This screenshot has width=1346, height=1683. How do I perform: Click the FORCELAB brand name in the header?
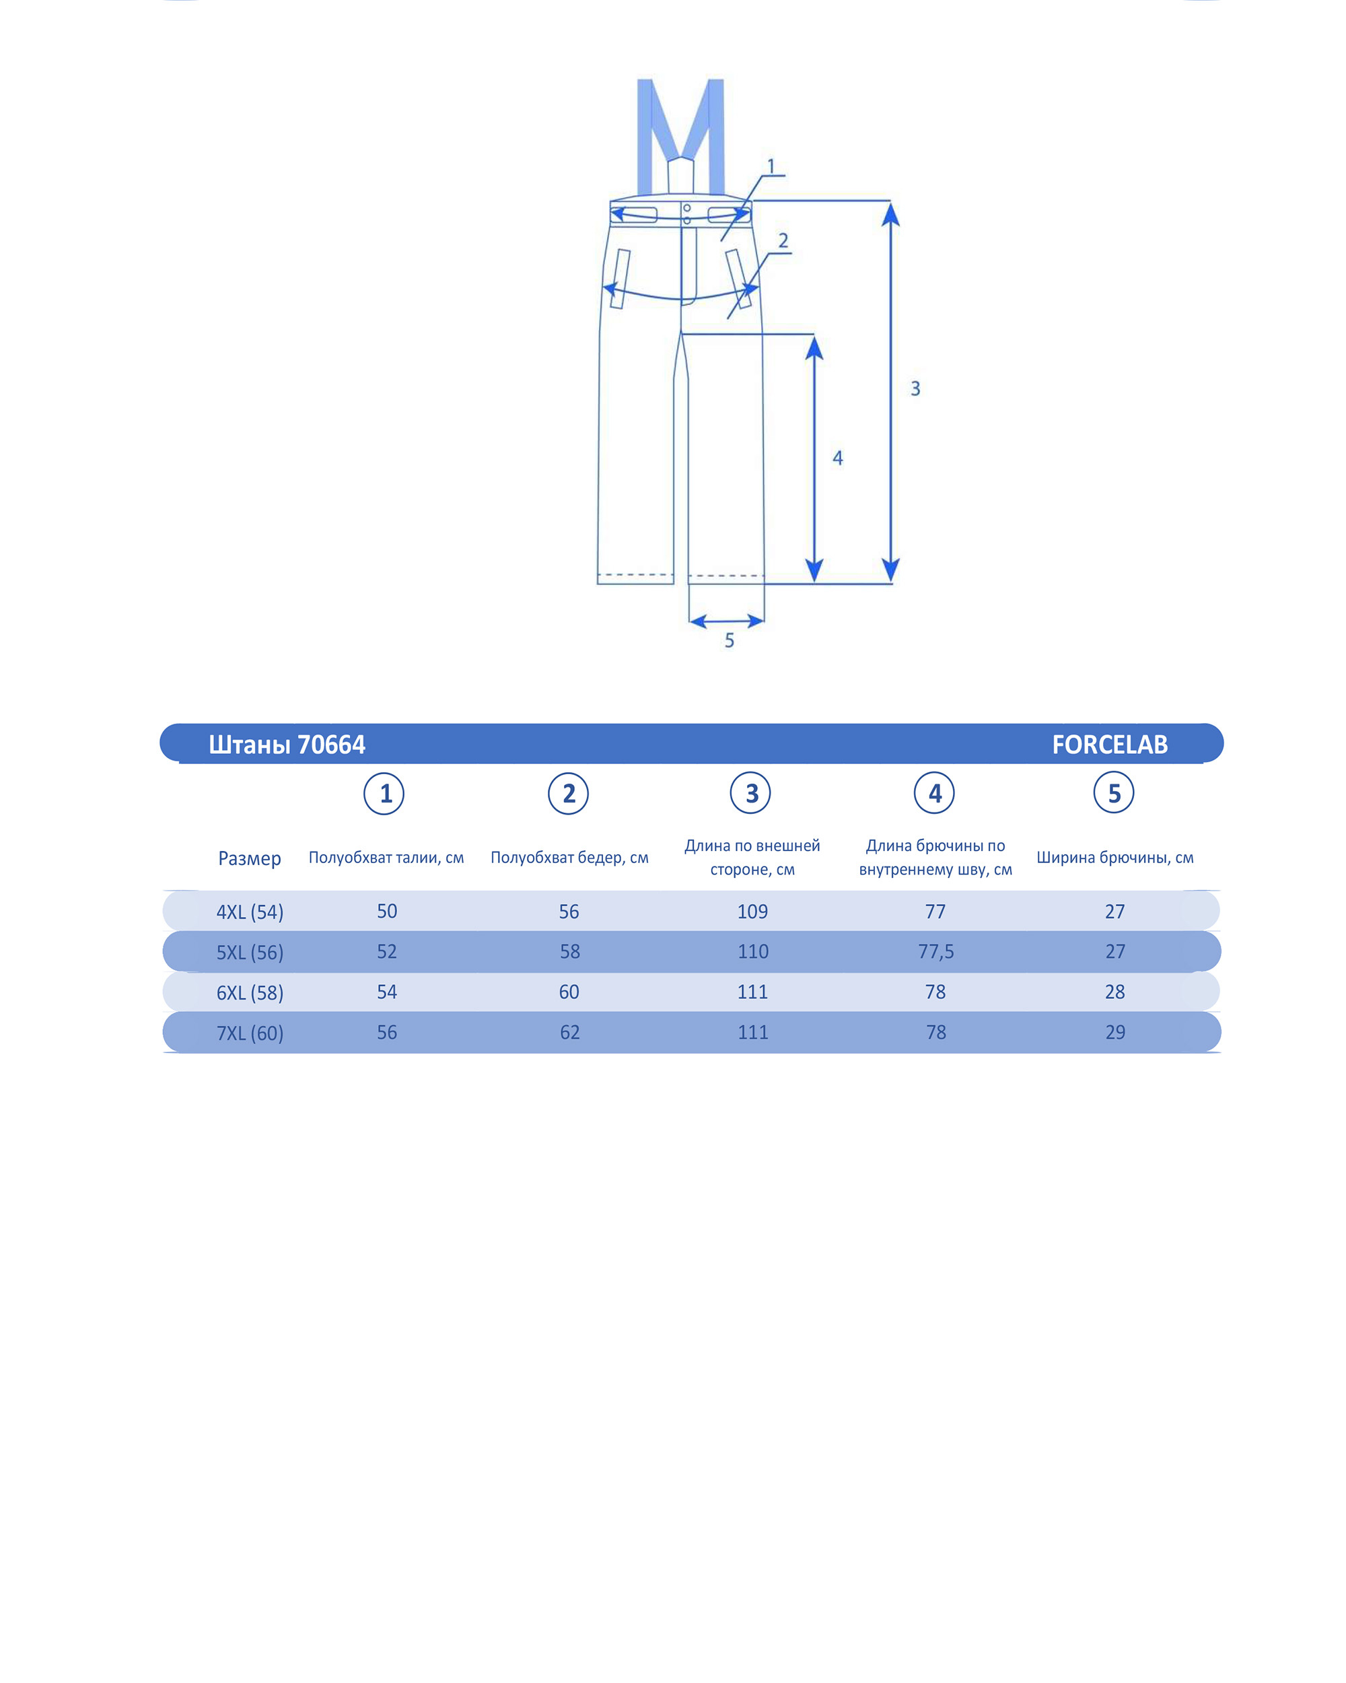(x=1109, y=745)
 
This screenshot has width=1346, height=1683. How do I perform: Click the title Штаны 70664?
(x=287, y=745)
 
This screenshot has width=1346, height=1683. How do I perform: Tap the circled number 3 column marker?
(x=750, y=793)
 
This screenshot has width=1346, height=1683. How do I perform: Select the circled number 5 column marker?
(x=1113, y=793)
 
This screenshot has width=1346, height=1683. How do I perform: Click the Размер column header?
(x=250, y=859)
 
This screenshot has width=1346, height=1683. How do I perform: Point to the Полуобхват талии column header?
(x=386, y=858)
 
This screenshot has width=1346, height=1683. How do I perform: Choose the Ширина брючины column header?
(x=1114, y=858)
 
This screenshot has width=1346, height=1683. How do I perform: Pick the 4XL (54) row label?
(x=250, y=912)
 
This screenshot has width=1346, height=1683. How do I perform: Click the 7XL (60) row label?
(x=250, y=1033)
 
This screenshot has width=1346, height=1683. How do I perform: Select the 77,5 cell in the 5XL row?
(x=935, y=951)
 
